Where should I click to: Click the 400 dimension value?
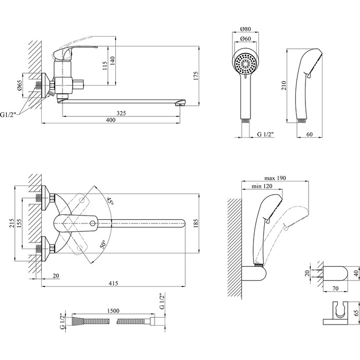(x=111, y=120)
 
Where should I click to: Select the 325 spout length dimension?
(x=120, y=113)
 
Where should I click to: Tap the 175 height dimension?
(x=196, y=75)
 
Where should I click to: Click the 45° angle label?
(x=109, y=201)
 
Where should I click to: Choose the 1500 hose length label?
(x=112, y=312)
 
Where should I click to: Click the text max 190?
(x=275, y=178)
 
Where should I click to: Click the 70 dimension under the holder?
(x=334, y=289)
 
